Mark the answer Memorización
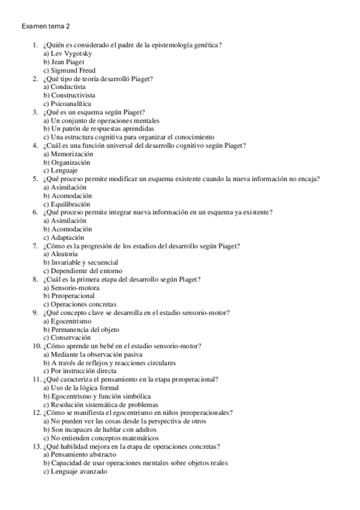pyautogui.click(x=67, y=154)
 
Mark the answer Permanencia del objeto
pyautogui.click(x=81, y=330)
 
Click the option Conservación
pyautogui.click(x=66, y=338)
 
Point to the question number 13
pyautogui.click(x=35, y=447)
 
